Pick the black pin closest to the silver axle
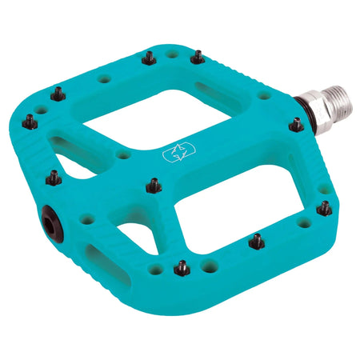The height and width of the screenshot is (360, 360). coord(296,125)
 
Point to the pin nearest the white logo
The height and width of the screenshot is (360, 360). coord(152,186)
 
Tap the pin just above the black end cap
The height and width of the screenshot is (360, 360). coord(53,178)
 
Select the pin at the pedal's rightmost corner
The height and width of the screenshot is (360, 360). coord(324,208)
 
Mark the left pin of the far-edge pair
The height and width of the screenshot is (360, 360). coord(147,58)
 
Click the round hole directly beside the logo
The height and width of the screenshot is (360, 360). coord(122,154)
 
